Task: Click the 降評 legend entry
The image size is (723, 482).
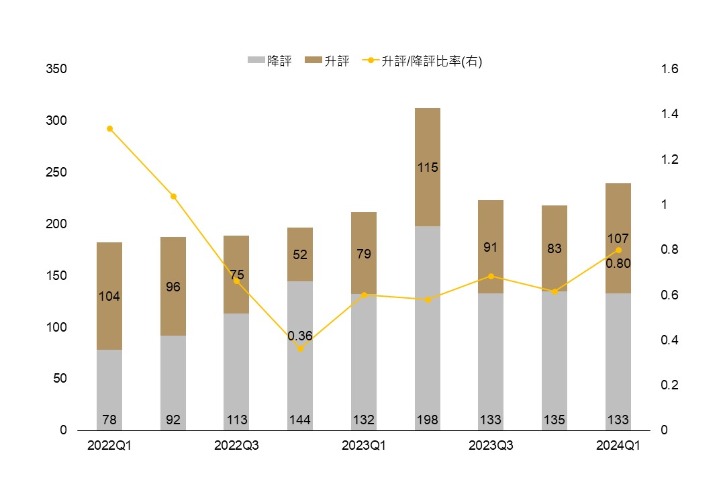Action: [270, 61]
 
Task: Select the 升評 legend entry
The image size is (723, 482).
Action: [328, 61]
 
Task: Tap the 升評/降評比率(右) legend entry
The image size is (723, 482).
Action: [423, 61]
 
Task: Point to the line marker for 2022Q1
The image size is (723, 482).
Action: [109, 129]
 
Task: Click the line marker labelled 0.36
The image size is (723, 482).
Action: [300, 348]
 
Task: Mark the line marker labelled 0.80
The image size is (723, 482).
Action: [618, 250]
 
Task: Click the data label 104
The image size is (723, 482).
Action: [109, 297]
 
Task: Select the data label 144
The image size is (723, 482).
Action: [300, 420]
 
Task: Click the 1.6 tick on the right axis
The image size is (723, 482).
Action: [670, 69]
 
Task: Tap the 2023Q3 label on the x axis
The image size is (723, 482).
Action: [491, 446]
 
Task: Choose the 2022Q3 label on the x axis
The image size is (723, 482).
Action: [236, 446]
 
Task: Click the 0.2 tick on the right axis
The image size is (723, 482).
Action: [670, 385]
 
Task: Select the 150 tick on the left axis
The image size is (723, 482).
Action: [56, 276]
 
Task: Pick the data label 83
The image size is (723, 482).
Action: [555, 249]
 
